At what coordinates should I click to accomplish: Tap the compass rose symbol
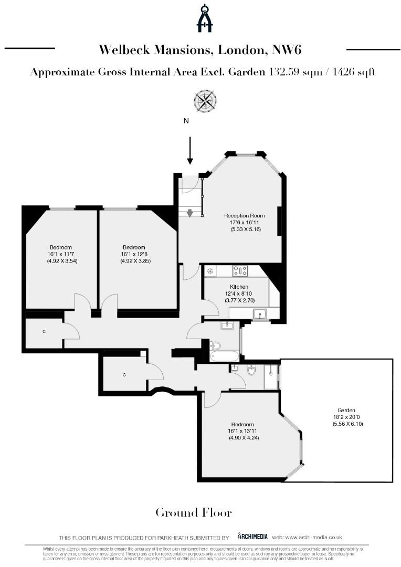point(205,100)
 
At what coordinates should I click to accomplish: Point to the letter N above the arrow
point(186,121)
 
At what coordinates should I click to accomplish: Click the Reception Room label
point(244,216)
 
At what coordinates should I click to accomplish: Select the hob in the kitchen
point(240,271)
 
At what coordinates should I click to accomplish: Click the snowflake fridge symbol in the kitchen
point(210,271)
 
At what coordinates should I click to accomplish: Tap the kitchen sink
point(260,314)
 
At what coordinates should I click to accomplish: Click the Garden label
point(346,410)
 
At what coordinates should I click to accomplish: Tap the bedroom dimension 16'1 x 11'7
point(61,254)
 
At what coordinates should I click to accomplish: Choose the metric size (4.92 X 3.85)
point(135,261)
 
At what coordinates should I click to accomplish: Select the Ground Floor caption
point(193,512)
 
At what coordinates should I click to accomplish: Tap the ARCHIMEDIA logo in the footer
point(253,536)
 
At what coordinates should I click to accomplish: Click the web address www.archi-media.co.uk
point(314,537)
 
